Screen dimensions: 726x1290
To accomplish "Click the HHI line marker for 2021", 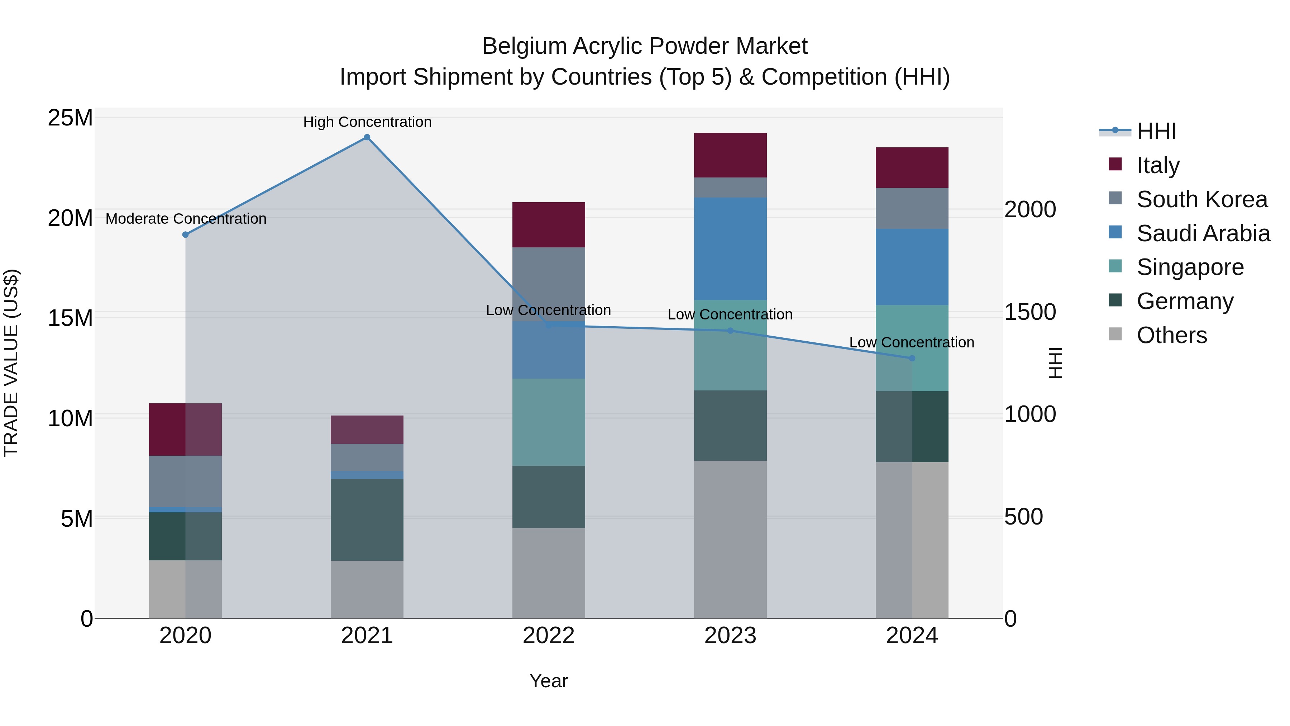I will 367,137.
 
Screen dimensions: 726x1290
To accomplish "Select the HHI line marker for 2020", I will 185,234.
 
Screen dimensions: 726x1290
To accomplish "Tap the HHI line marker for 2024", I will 912,358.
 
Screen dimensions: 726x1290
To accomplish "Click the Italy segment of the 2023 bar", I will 730,155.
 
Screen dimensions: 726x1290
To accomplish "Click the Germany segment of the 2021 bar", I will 367,519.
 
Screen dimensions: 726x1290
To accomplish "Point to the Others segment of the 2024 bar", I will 912,540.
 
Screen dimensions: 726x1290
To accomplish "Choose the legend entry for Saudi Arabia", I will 1203,233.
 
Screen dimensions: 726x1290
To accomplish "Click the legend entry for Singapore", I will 1190,267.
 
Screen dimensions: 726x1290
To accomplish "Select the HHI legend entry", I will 1156,131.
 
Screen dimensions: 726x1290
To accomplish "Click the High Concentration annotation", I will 367,122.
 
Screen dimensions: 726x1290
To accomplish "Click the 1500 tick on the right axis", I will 1029,312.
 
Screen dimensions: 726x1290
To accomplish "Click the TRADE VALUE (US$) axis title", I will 11,363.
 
